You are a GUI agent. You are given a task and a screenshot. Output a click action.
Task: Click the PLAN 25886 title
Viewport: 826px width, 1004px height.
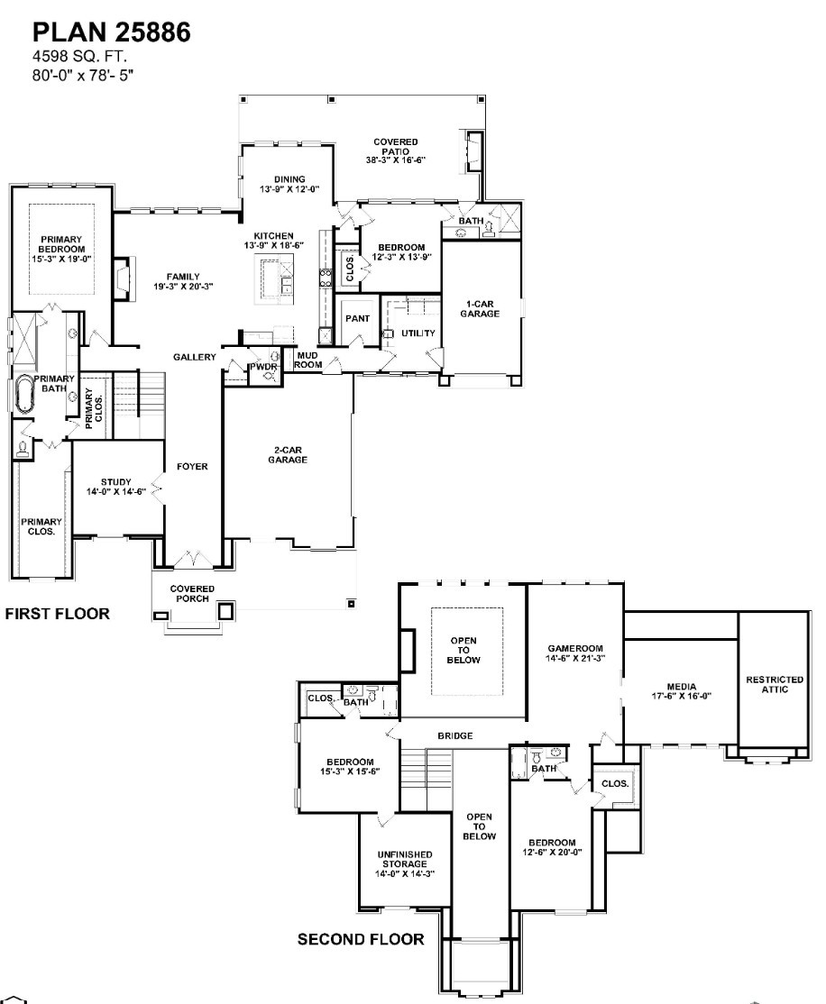111,33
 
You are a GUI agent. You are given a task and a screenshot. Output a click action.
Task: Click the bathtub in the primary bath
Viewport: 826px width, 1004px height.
24,394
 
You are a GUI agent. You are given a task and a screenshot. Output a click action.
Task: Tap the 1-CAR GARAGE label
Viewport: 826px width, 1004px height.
479,308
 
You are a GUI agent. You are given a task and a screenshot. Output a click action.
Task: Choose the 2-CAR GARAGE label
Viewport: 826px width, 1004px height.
288,454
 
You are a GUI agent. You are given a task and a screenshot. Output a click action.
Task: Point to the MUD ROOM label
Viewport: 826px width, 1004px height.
309,360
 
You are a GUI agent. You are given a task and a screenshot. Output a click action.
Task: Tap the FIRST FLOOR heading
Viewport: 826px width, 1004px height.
58,615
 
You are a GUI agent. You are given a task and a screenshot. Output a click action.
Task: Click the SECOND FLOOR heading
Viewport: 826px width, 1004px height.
361,939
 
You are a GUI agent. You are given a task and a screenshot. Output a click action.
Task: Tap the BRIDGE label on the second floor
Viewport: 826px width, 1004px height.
455,736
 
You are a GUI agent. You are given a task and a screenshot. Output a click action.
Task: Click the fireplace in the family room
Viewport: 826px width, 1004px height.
121,275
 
